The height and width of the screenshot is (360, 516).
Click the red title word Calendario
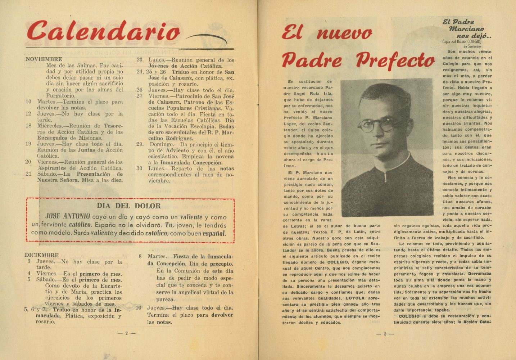coord(103,31)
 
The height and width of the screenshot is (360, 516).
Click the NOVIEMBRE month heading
coord(44,59)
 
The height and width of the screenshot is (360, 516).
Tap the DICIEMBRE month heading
coord(42,255)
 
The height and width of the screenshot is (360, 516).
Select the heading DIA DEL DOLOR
coord(128,206)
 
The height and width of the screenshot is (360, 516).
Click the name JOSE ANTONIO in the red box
coord(68,216)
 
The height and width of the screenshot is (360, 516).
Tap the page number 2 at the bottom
coord(127,333)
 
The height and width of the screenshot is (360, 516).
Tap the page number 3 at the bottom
coord(385,334)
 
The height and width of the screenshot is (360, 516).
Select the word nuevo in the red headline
coord(344,33)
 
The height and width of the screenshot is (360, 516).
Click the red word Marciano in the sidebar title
coord(466,29)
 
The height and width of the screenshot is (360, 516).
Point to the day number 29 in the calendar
coord(140,144)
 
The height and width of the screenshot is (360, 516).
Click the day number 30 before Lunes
coord(139,168)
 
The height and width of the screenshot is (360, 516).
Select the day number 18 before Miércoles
coord(28,126)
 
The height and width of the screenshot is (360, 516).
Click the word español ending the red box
coord(214,233)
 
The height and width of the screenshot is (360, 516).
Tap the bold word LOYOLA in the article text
coord(355,298)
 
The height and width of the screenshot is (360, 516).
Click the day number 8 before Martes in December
coord(140,256)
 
